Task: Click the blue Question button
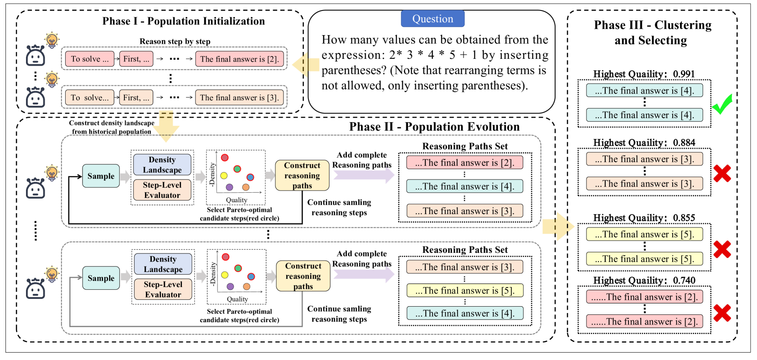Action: coord(432,19)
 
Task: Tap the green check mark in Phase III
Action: coord(722,104)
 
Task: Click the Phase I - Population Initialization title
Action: coord(183,21)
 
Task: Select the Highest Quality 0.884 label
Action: coord(644,143)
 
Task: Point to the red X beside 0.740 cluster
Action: coord(722,313)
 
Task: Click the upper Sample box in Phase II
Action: coord(101,176)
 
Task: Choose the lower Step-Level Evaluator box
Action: coord(163,289)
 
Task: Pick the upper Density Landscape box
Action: coord(162,165)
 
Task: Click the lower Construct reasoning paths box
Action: coord(303,276)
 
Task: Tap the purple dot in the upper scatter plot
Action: coord(229,187)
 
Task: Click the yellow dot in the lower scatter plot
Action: coord(225,275)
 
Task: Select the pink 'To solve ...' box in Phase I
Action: coord(89,59)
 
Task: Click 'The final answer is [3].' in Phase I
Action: coord(239,98)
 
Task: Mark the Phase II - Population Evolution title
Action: coord(434,127)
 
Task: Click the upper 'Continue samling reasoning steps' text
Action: coord(339,207)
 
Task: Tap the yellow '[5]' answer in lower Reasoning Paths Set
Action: coord(464,291)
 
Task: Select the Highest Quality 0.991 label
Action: coord(644,74)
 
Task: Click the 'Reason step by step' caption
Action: coord(175,41)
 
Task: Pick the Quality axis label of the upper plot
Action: coord(237,200)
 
